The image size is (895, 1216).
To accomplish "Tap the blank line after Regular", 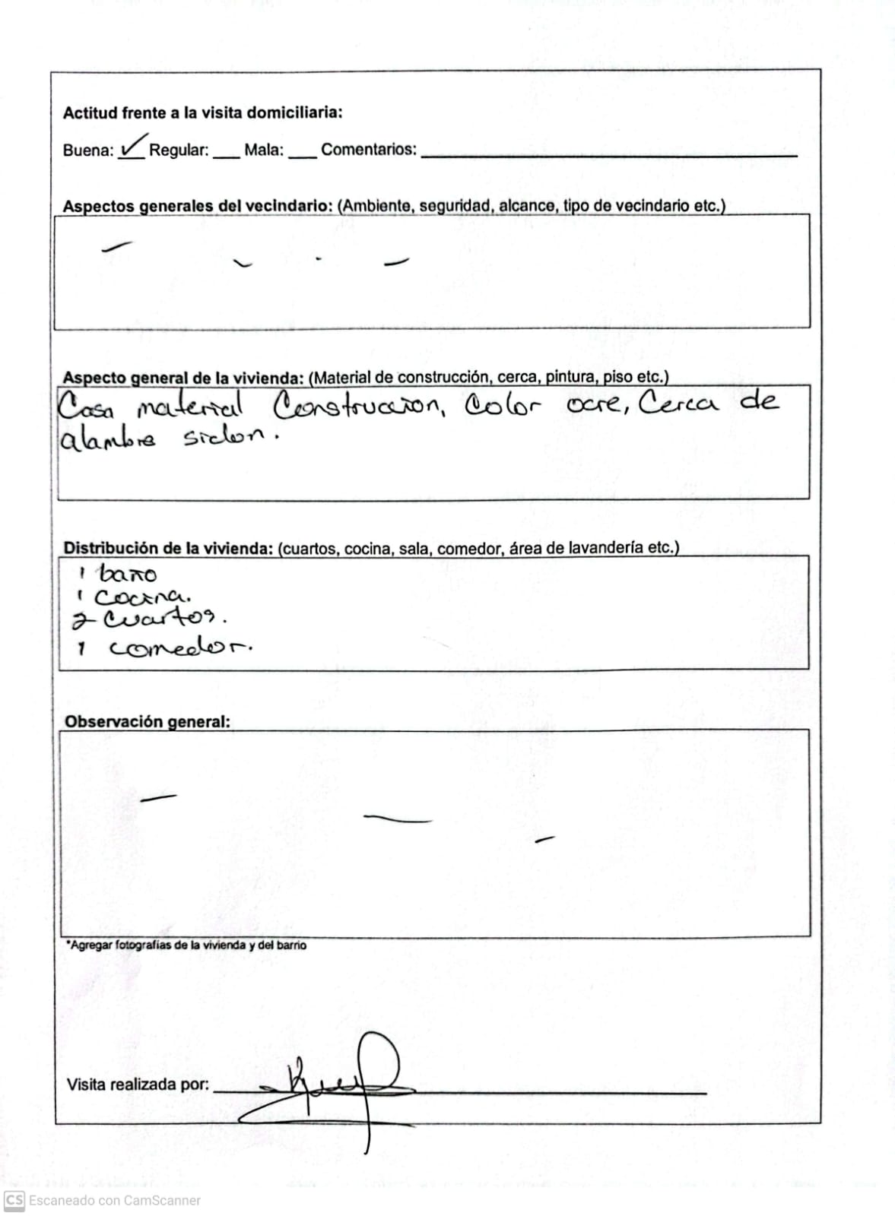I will pos(226,154).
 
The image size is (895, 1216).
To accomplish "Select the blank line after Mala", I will pos(302,154).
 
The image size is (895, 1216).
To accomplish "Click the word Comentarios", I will pos(369,149).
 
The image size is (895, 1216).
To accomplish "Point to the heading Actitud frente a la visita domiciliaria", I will pos(202,112).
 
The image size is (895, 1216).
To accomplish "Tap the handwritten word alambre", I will pos(107,439).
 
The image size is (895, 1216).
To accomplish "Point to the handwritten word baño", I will pos(129,574).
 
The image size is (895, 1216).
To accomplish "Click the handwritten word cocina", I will pos(141,597).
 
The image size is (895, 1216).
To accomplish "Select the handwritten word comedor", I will pos(179,648).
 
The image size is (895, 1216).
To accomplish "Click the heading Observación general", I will pos(147,721).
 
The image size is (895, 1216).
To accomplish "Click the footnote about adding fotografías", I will pos(186,945).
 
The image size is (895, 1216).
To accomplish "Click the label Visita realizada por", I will pos(138,1085).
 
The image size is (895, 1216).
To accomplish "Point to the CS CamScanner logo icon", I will pos(14,1200).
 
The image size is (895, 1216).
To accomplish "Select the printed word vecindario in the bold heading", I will pos(289,206).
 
